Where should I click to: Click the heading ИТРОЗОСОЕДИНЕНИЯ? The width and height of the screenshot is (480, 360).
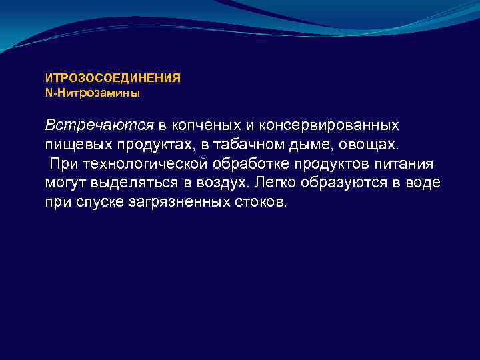point(113,78)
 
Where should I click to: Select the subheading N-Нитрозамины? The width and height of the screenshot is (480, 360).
point(93,93)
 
